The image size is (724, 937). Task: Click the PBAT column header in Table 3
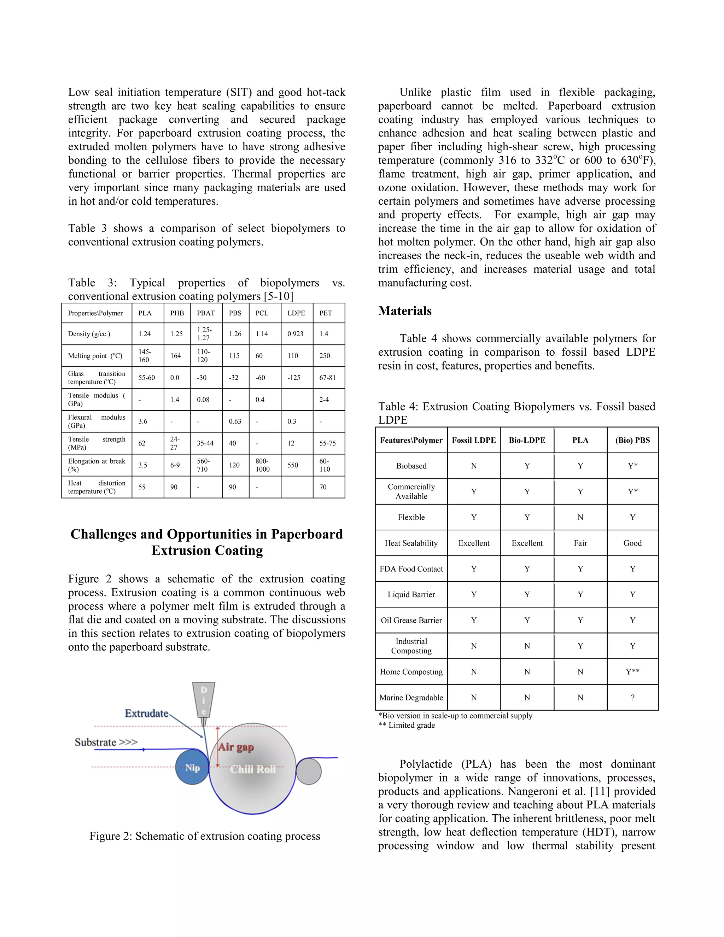pyautogui.click(x=206, y=313)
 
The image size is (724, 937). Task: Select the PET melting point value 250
pyautogui.click(x=325, y=356)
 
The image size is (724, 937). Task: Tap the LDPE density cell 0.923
pyautogui.click(x=296, y=334)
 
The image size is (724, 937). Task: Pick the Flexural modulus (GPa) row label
pyautogui.click(x=97, y=421)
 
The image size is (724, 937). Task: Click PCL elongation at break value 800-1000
pyautogui.click(x=263, y=465)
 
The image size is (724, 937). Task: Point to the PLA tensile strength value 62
pyautogui.click(x=142, y=443)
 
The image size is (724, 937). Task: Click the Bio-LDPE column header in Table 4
pyautogui.click(x=527, y=440)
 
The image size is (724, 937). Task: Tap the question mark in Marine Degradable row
pyautogui.click(x=632, y=698)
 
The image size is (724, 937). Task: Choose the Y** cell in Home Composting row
pyautogui.click(x=632, y=672)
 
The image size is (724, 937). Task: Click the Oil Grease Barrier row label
pyautogui.click(x=411, y=621)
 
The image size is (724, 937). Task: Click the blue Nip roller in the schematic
pyautogui.click(x=192, y=768)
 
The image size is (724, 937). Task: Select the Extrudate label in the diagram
pyautogui.click(x=147, y=714)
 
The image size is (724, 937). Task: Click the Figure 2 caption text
pyautogui.click(x=205, y=836)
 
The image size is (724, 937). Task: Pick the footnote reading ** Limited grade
pyautogui.click(x=407, y=726)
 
